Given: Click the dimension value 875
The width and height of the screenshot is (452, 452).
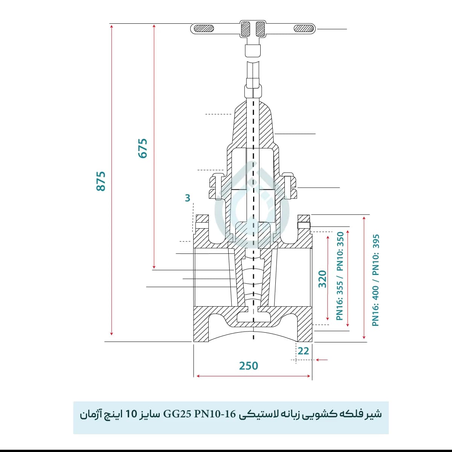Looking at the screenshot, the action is click(x=101, y=181).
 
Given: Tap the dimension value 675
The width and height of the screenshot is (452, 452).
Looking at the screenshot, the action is click(x=143, y=148).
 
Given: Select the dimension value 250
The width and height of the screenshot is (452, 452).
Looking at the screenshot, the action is click(x=249, y=366).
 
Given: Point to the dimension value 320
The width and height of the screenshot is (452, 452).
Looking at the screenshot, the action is click(x=322, y=279).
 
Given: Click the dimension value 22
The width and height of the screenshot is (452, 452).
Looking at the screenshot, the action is click(x=304, y=351).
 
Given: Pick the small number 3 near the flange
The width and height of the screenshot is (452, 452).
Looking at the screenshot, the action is click(x=188, y=198).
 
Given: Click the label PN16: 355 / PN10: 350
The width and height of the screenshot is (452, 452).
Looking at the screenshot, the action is click(x=340, y=276).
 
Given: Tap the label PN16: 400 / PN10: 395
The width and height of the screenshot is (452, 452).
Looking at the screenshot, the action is click(x=376, y=280).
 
